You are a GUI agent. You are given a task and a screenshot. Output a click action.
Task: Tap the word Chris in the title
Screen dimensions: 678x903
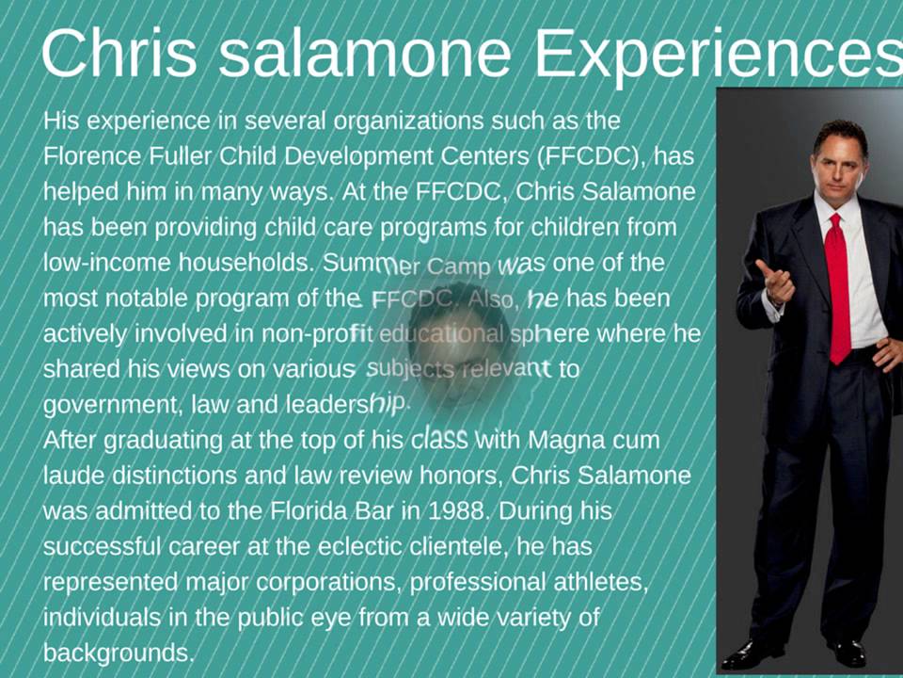[x=119, y=54]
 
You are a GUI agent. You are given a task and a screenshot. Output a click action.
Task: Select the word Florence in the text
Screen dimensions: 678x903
[x=87, y=155]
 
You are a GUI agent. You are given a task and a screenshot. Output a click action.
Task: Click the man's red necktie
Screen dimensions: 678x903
[x=836, y=287]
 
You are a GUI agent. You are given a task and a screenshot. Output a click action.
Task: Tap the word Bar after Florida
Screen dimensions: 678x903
[x=353, y=511]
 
